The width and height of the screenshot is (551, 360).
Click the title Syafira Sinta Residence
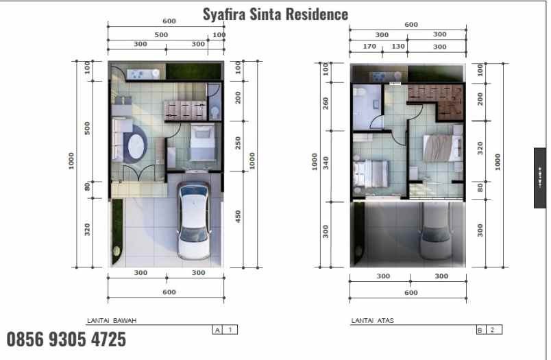tap(275, 14)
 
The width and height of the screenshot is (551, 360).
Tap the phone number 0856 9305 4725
tap(66, 339)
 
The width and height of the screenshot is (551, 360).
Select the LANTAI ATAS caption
tap(373, 320)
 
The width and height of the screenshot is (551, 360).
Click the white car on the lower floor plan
tap(194, 221)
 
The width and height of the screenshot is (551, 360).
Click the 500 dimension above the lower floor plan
tap(161, 34)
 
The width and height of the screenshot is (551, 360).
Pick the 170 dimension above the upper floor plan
tap(369, 47)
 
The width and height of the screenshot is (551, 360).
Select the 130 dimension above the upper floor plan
tap(397, 47)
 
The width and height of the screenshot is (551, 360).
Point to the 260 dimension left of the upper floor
tap(326, 104)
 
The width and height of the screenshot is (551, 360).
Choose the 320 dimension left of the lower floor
tap(88, 230)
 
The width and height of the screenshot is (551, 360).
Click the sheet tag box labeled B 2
tap(489, 330)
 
